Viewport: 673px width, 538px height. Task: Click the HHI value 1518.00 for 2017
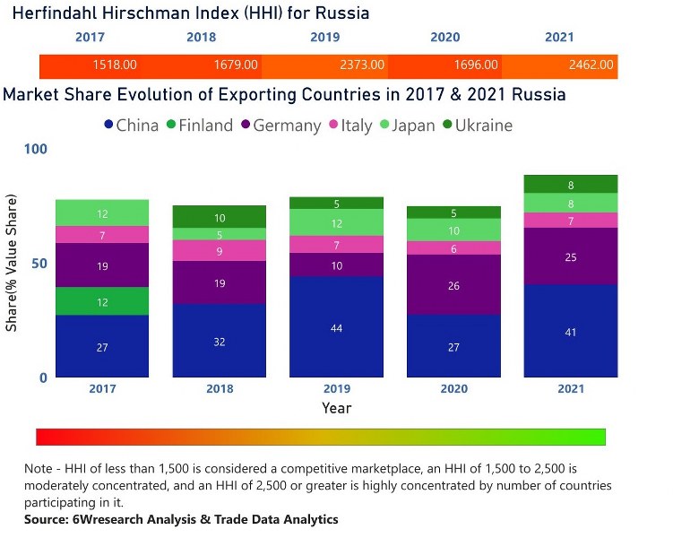click(115, 65)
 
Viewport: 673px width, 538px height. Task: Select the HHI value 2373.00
click(363, 65)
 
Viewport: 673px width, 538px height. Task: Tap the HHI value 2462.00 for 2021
click(592, 65)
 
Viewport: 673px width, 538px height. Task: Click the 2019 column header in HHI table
click(324, 38)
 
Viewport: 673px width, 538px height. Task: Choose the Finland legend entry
click(198, 126)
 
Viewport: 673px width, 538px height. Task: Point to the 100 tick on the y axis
click(35, 149)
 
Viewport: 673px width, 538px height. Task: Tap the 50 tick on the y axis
click(39, 263)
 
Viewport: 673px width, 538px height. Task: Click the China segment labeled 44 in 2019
click(337, 327)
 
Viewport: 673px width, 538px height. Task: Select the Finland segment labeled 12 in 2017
click(102, 302)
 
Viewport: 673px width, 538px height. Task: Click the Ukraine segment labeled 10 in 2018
click(220, 217)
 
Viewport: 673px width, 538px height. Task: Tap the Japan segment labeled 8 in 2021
click(571, 204)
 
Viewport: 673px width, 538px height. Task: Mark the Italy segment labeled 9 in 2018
click(220, 251)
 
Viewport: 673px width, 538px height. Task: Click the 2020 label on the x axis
click(453, 389)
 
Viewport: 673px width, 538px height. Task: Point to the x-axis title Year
click(337, 408)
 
